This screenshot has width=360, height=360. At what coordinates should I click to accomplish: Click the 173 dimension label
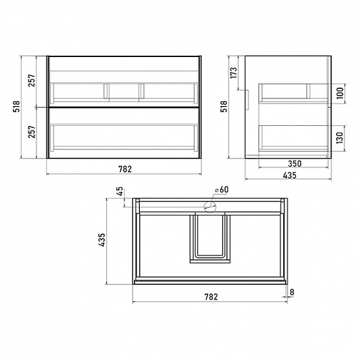[233, 73]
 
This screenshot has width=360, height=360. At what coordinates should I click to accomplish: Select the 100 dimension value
[340, 93]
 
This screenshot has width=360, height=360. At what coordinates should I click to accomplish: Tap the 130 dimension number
[340, 138]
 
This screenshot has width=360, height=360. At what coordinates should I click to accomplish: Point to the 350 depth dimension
[294, 164]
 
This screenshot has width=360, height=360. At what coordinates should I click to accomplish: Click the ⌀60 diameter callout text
[221, 190]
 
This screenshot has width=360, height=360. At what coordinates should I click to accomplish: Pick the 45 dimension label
[119, 192]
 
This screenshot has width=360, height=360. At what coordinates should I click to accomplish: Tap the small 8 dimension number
[292, 292]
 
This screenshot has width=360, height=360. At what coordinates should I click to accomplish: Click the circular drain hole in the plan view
[210, 207]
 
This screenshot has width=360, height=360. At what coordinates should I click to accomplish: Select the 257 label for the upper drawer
[32, 80]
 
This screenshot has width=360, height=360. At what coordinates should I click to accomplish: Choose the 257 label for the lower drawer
[32, 131]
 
